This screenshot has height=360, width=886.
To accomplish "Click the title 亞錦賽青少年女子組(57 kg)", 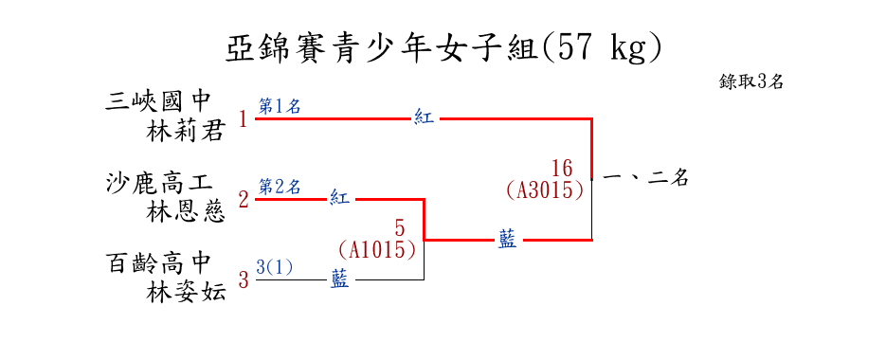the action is coord(443,50).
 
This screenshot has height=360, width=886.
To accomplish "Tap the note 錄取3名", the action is coord(750,82).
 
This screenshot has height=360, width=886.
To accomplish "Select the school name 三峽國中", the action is coord(158,103).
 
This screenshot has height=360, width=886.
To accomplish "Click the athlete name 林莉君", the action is coord(185,133).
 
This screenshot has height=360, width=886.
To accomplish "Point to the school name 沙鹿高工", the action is coord(159,184).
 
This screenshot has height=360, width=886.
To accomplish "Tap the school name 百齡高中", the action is coord(158,263).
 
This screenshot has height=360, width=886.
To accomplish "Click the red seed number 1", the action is coord(244,119).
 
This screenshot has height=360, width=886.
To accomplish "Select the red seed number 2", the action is coord(244,200).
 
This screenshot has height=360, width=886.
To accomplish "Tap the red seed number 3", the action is coord(244,279).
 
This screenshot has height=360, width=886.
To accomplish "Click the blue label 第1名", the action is coord(280,106).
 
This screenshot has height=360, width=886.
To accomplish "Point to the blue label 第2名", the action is coord(280,186).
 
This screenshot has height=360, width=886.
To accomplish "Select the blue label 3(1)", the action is coord(275,267).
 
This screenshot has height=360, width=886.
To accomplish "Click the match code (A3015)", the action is coord(545,189).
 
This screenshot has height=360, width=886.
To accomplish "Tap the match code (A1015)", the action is coord(377,250).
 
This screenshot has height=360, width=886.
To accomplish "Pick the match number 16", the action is coord(562,169).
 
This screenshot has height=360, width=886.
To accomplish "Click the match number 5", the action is coord(400,229).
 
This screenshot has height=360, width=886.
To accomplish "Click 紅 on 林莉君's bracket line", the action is coord(424,118).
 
